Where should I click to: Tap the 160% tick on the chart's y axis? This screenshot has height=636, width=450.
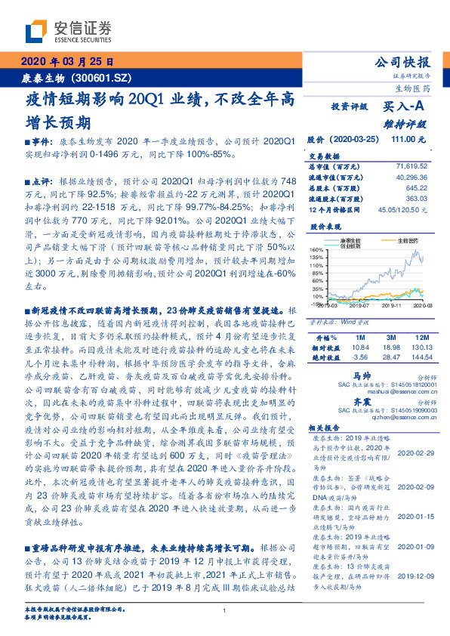pos(316,249)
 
